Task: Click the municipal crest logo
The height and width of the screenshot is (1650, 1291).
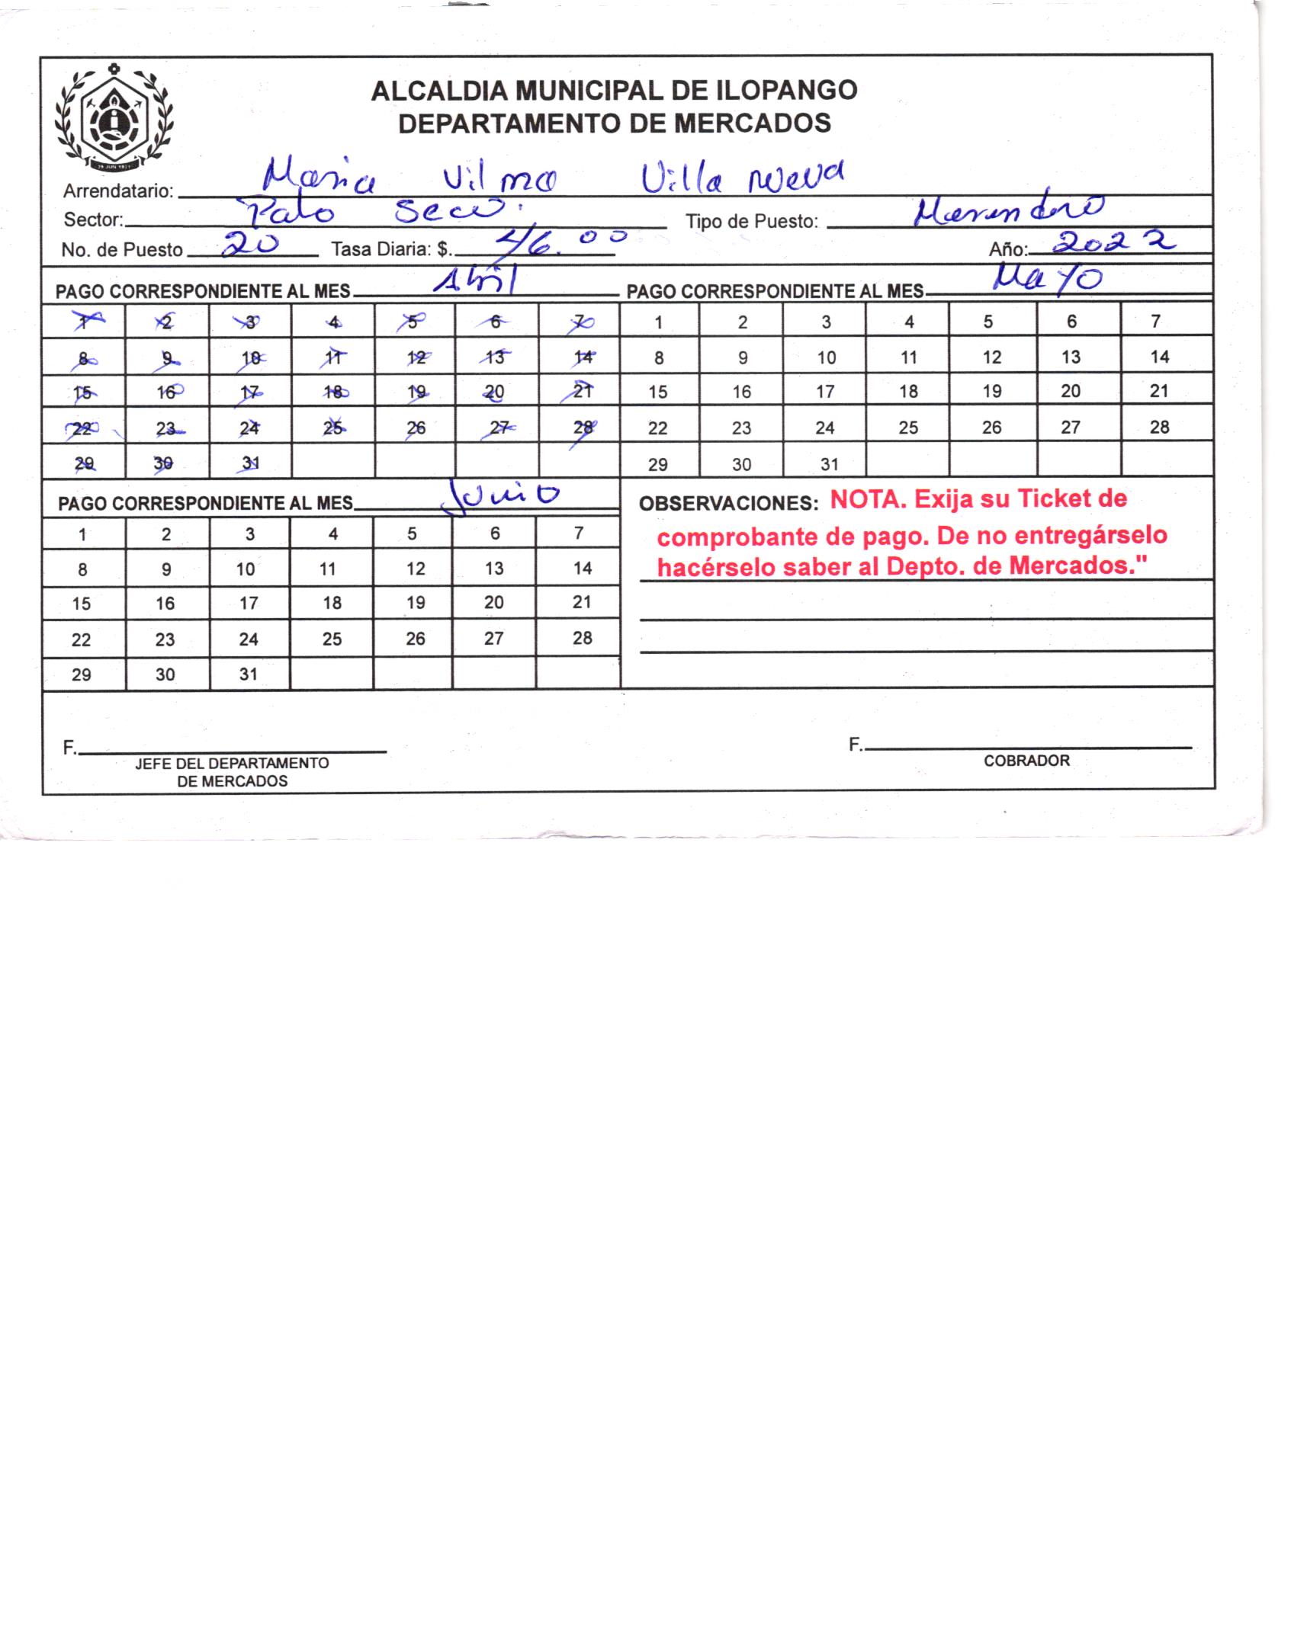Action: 114,119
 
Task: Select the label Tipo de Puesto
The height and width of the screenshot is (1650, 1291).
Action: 751,222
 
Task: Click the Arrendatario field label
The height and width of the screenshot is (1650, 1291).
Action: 118,191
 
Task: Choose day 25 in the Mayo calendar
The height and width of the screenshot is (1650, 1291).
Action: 907,428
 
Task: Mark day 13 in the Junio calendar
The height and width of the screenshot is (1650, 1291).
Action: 494,569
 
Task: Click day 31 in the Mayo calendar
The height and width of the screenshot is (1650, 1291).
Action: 829,463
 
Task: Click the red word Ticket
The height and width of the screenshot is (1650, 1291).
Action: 1055,499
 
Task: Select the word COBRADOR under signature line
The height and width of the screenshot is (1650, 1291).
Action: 1026,761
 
